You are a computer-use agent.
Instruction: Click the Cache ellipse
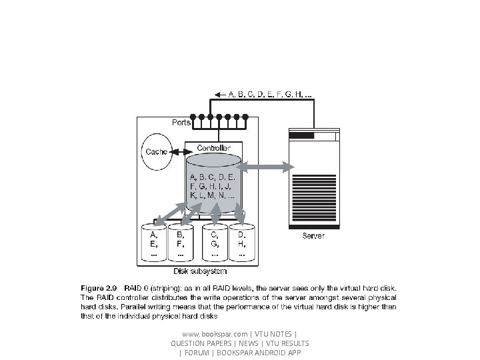tap(157, 152)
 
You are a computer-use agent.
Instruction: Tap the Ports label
tap(181, 123)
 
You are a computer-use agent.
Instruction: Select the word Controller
tap(214, 147)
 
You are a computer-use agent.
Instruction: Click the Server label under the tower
tap(314, 236)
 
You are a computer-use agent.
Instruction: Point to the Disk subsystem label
tap(199, 271)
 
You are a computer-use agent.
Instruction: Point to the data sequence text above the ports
tap(269, 95)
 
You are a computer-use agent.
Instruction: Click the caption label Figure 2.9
tap(99, 287)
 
